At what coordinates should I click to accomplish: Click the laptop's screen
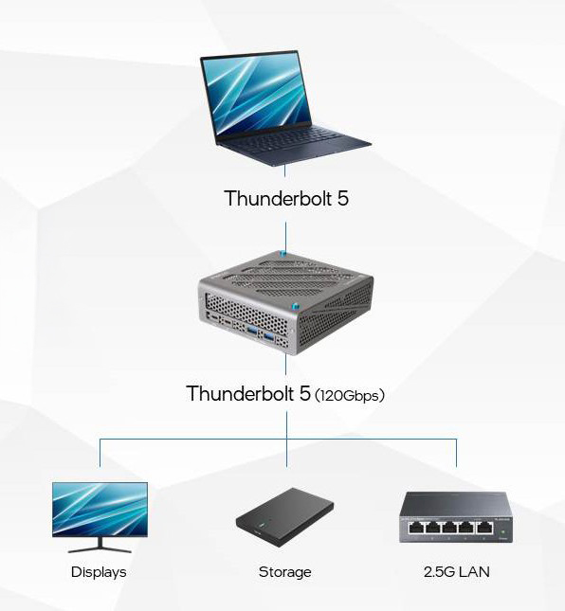(x=257, y=93)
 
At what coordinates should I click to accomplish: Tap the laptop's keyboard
(x=288, y=139)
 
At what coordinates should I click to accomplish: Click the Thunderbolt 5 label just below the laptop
(x=286, y=198)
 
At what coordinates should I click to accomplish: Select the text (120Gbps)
(x=350, y=396)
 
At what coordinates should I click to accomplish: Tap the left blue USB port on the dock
(x=252, y=331)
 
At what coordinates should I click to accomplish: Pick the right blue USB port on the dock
(x=269, y=336)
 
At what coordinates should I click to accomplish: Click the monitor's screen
(x=100, y=510)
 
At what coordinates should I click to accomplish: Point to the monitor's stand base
(x=100, y=549)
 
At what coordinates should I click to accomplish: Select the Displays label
(x=99, y=572)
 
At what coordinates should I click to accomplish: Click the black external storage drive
(x=285, y=517)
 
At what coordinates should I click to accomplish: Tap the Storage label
(x=285, y=572)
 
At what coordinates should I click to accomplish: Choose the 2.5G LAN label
(x=457, y=572)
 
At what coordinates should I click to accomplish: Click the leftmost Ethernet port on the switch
(x=417, y=528)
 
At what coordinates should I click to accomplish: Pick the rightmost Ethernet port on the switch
(x=483, y=528)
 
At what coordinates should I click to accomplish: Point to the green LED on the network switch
(x=503, y=531)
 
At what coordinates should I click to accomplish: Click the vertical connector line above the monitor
(x=100, y=453)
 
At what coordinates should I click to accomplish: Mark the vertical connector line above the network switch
(x=456, y=453)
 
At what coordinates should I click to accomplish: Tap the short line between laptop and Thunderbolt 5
(x=284, y=171)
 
